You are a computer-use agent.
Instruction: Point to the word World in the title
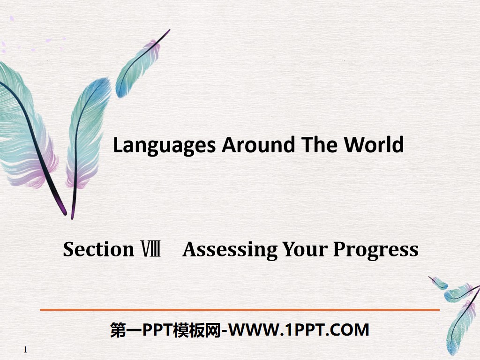tap(374, 145)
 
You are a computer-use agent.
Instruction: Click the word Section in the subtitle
tap(98, 249)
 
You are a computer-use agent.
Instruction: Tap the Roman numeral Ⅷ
tap(151, 249)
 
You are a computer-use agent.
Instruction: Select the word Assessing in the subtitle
tap(230, 249)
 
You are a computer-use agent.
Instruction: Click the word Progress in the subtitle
tap(375, 249)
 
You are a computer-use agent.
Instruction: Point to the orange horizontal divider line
tap(240, 310)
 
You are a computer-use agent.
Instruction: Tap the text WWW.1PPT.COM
tap(300, 330)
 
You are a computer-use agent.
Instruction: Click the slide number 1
tap(25, 350)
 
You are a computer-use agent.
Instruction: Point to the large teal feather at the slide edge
tap(23, 127)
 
